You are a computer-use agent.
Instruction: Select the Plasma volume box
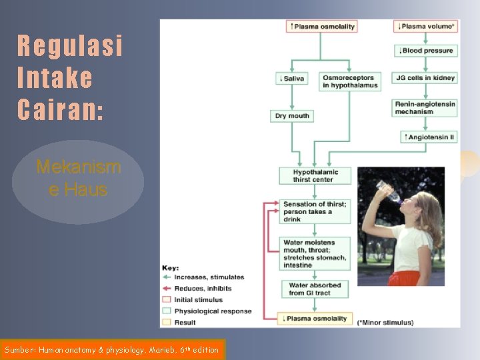pos(425,26)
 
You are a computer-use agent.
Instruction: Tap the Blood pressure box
pos(425,51)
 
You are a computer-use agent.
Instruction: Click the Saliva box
pos(291,78)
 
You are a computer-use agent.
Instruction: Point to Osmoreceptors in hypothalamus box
pos(349,81)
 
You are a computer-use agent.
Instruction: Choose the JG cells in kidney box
pos(425,78)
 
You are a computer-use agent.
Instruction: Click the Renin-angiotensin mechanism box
pos(425,108)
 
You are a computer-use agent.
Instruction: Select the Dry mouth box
pos(291,115)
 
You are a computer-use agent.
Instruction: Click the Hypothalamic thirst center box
pos(315,175)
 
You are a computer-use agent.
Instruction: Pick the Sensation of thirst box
pos(315,211)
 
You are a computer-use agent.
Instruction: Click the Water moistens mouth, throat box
pos(315,253)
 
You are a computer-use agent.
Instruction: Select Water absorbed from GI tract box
pos(315,289)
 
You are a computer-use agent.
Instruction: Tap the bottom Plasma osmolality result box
pos(315,319)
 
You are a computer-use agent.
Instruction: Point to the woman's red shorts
pos(405,277)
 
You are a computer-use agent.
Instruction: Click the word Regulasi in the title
pos(70,47)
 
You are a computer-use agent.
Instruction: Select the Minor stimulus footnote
pos(385,323)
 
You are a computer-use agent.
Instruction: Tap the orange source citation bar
pos(113,349)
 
